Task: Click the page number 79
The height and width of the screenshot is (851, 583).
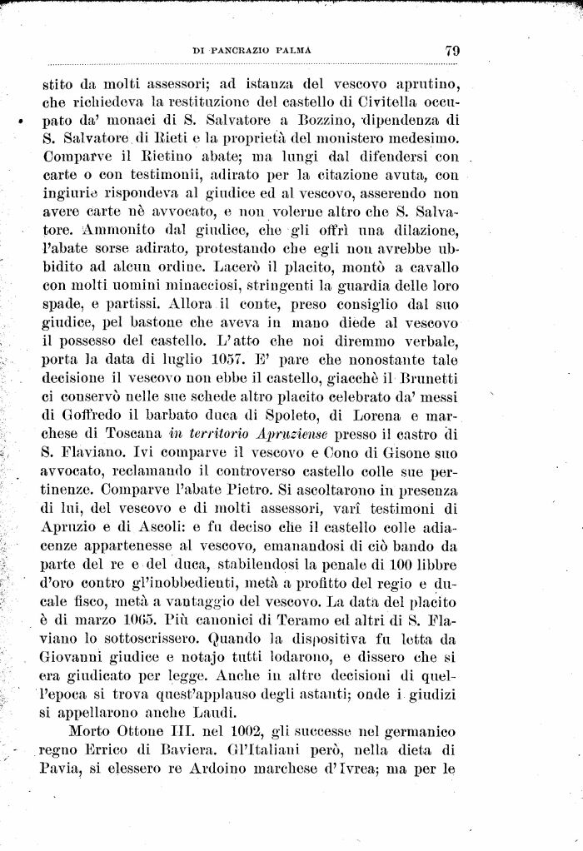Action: (453, 50)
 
